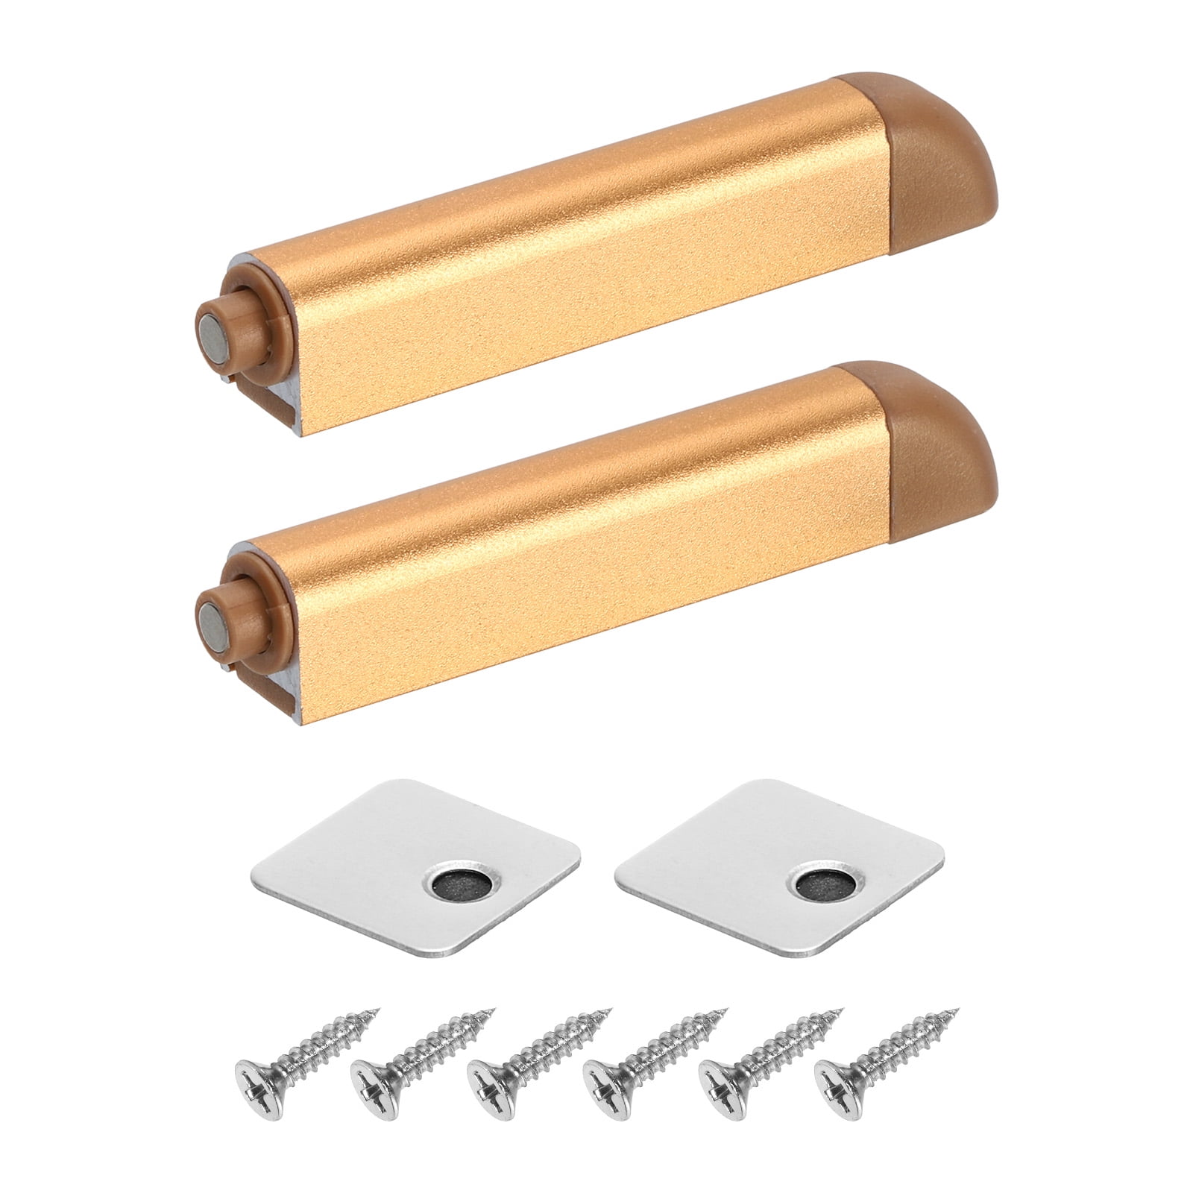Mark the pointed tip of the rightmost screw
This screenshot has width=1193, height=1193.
[x=956, y=1010]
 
